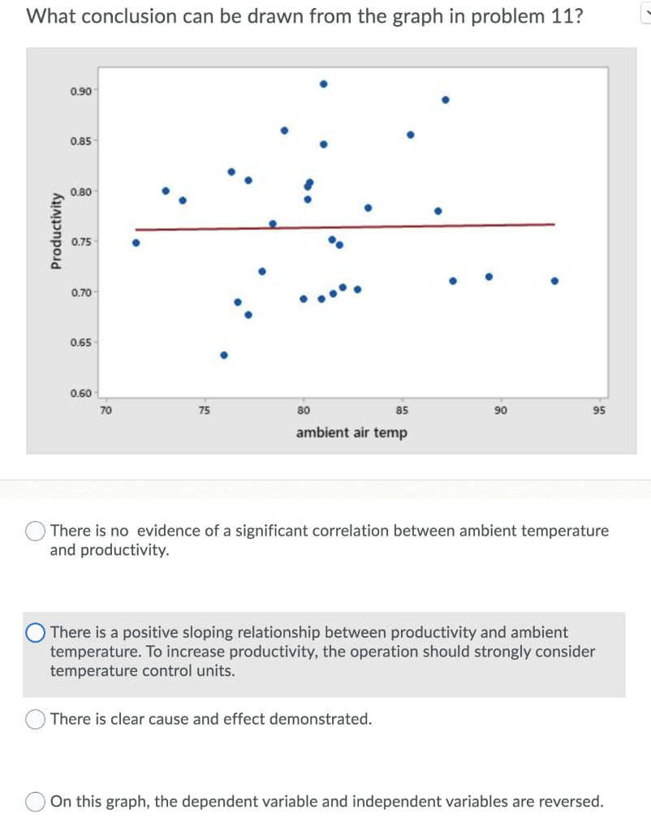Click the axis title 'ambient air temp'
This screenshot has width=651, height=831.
tap(351, 433)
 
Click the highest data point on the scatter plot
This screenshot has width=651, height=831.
tap(323, 84)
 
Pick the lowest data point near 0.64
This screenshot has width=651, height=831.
tap(224, 355)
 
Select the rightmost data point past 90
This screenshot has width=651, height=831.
tap(554, 281)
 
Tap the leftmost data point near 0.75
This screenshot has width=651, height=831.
tap(136, 242)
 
